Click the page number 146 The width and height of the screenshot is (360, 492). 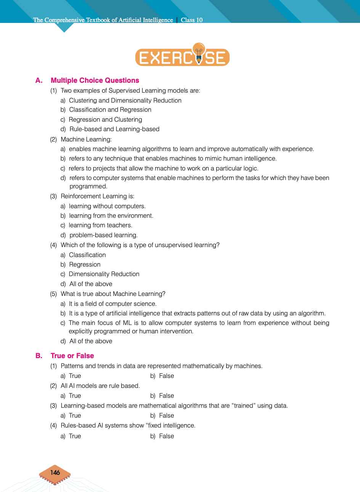pyautogui.click(x=55, y=473)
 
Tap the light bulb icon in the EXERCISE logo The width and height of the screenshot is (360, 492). pyautogui.click(x=198, y=51)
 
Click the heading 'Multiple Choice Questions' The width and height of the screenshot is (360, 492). pyautogui.click(x=95, y=80)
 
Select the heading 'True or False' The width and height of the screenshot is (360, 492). pyautogui.click(x=72, y=356)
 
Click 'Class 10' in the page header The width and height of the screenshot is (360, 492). pyautogui.click(x=191, y=20)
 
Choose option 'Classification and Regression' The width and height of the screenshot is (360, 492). pyautogui.click(x=110, y=110)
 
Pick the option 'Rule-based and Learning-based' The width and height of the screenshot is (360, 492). pyautogui.click(x=114, y=129)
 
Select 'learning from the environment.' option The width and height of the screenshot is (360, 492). pyautogui.click(x=111, y=216)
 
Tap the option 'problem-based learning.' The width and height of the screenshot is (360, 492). pyautogui.click(x=103, y=235)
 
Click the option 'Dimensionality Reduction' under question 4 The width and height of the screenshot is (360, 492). pyautogui.click(x=104, y=274)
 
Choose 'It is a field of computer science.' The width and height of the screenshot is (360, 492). pyautogui.click(x=112, y=304)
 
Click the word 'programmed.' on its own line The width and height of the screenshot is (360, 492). pyautogui.click(x=88, y=187)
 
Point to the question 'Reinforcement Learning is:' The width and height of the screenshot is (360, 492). pyautogui.click(x=98, y=196)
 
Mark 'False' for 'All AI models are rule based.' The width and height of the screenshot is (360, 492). pyautogui.click(x=166, y=396)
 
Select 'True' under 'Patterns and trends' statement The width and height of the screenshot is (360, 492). pyautogui.click(x=75, y=376)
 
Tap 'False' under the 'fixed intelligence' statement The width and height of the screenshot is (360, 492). pyautogui.click(x=166, y=436)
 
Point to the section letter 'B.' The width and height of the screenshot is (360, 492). pyautogui.click(x=39, y=356)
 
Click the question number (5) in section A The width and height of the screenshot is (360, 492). pyautogui.click(x=53, y=294)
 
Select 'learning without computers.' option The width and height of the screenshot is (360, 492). pyautogui.click(x=107, y=206)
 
